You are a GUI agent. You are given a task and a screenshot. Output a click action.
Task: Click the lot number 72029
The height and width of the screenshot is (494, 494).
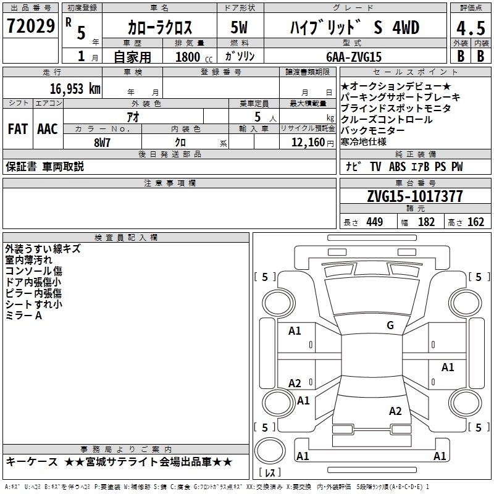[x=30, y=26]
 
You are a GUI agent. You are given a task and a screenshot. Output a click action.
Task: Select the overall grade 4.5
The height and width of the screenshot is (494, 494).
[x=471, y=28]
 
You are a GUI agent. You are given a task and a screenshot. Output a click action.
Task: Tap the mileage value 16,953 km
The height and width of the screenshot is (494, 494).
[x=75, y=89]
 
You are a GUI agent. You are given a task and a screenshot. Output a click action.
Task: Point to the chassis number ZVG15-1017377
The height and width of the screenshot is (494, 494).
[x=415, y=196]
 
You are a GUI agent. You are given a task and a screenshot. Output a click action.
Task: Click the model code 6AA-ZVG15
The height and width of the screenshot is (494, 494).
[x=354, y=57]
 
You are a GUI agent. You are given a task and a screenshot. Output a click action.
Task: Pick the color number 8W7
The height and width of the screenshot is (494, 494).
[x=102, y=143]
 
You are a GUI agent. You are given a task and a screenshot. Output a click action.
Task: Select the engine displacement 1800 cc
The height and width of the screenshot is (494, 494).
[x=194, y=57]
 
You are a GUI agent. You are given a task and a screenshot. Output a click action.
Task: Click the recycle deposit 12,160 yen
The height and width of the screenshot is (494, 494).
[x=312, y=143]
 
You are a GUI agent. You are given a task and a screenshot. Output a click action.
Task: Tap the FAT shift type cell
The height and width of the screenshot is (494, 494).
[x=18, y=129]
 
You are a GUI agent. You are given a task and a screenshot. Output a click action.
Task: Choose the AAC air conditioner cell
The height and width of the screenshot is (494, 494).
[x=48, y=129]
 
